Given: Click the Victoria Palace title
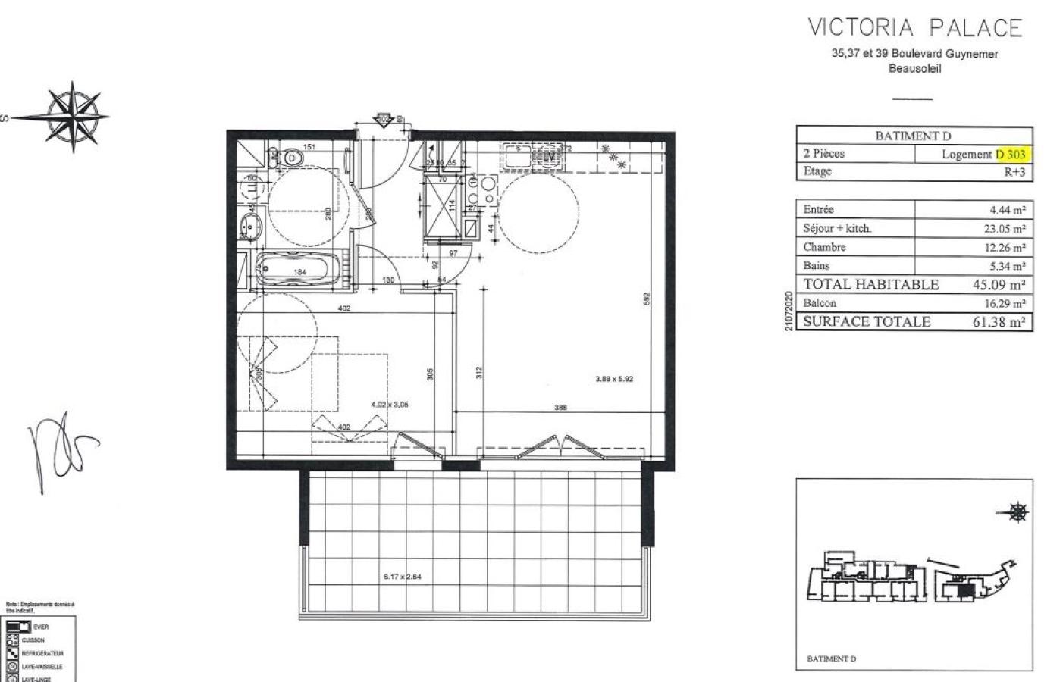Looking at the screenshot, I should coord(915,28).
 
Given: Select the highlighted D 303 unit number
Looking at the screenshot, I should coord(1011,154).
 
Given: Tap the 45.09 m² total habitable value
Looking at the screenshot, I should coord(999,285).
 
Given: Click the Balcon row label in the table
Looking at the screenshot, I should coord(820,303).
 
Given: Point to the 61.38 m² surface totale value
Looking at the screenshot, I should coord(999,321).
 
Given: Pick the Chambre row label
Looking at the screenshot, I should coord(824,247).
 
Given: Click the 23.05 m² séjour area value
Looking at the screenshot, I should coord(999,228).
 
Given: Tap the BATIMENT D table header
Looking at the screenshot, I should coord(913,136).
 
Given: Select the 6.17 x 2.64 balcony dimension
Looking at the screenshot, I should coord(402,577).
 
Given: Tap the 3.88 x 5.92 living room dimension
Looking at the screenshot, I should coord(613,379).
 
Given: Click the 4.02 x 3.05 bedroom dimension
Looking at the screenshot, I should coord(390,405).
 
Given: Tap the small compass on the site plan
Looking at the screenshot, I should coord(1018,513).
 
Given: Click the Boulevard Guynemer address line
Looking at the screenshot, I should coord(914,54).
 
